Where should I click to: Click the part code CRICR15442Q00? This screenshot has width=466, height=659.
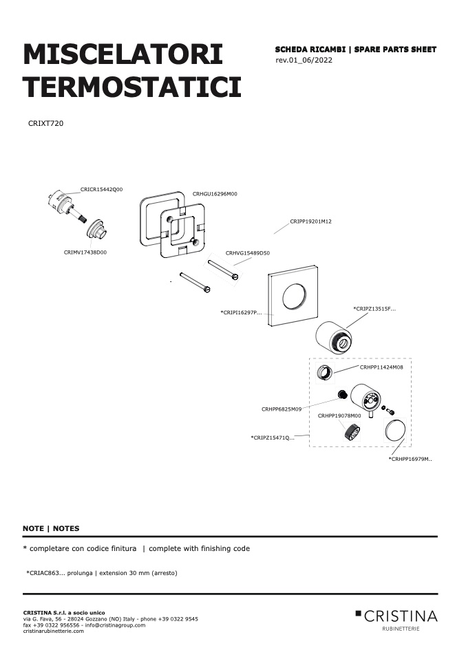click(101, 190)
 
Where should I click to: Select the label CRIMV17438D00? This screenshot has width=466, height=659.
click(85, 252)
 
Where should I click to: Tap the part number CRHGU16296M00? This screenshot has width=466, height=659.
click(215, 194)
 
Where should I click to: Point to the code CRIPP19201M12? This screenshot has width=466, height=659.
click(311, 222)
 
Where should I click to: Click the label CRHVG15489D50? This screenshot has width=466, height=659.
click(248, 253)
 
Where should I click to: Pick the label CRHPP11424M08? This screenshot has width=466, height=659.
click(381, 367)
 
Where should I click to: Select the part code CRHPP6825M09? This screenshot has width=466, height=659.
click(282, 409)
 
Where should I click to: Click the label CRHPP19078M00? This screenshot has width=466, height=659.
click(339, 416)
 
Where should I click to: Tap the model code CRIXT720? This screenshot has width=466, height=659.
click(46, 124)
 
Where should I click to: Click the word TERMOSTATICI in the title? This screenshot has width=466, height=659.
click(132, 87)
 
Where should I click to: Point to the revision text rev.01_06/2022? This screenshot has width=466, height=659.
click(304, 60)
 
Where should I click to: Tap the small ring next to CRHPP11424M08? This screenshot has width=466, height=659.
click(325, 372)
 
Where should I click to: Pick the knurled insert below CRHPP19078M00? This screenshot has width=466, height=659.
click(351, 433)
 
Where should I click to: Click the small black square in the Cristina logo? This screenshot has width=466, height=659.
click(359, 614)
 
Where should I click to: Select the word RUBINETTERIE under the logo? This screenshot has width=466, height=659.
click(401, 629)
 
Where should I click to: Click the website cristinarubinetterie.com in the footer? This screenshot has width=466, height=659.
click(54, 631)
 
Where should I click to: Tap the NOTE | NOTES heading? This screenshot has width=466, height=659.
click(51, 529)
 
